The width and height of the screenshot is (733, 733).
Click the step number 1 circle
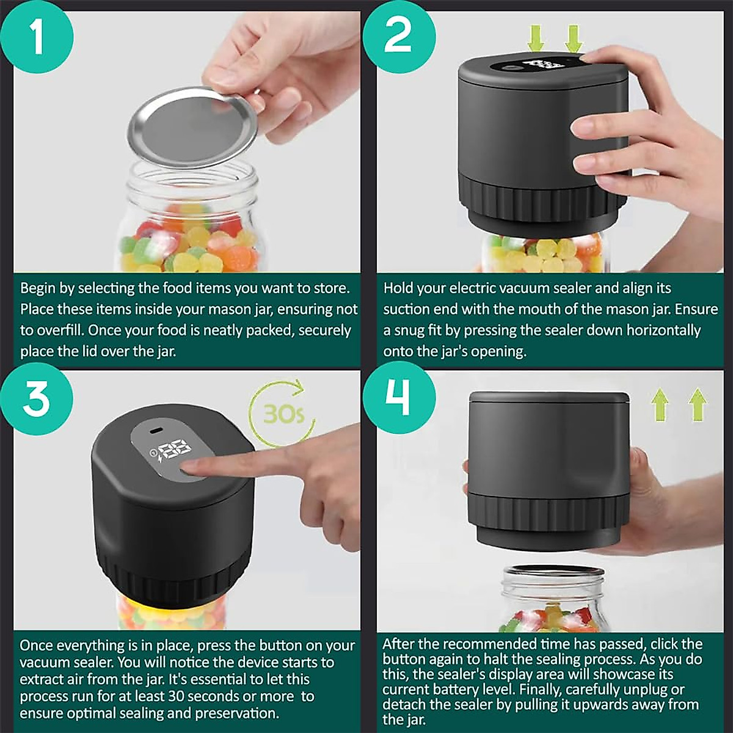(37, 37)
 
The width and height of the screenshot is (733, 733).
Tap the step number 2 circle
(399, 35)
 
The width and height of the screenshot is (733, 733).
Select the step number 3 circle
(37, 398)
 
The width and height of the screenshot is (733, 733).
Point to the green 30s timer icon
(282, 414)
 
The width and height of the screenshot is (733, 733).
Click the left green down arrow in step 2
(536, 38)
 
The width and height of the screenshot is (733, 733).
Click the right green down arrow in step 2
(573, 38)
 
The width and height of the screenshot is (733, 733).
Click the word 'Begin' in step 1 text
(38, 288)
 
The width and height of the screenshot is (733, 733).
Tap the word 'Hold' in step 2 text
(398, 288)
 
